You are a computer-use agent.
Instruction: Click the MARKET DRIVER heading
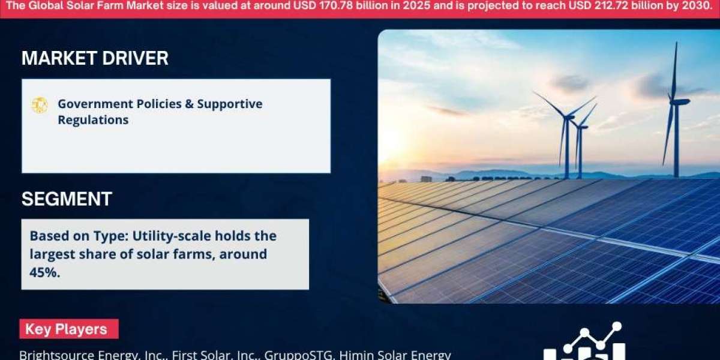(x=95, y=58)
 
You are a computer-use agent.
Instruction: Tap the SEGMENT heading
(x=67, y=199)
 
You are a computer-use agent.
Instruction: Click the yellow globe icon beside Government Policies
(x=40, y=106)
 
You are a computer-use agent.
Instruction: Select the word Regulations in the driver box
(x=93, y=120)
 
